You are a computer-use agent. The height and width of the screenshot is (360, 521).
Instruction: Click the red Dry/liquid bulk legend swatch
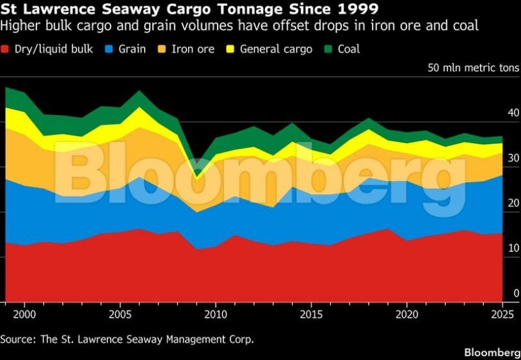(5, 49)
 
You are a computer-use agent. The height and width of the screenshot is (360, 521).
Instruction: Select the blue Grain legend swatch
(109, 49)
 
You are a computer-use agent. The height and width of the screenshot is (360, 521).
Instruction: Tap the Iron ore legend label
(193, 49)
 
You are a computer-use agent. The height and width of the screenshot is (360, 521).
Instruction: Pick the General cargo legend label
(276, 49)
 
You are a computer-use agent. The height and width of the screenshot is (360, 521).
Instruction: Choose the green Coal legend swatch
(328, 49)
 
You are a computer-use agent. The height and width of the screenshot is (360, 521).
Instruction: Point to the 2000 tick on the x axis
(24, 304)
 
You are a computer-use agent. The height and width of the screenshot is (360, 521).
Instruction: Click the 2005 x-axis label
(120, 314)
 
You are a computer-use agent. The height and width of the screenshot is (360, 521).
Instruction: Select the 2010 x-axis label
(216, 314)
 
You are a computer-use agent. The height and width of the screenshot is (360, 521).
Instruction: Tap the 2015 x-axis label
(311, 314)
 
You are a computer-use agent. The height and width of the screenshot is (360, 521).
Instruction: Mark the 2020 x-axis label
(406, 314)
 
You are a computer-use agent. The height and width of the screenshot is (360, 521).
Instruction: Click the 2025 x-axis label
(502, 314)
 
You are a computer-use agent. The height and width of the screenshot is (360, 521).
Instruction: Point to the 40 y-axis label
(513, 113)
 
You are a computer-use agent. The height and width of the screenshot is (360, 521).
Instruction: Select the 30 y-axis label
(513, 158)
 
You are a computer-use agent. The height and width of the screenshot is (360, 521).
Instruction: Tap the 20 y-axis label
(513, 203)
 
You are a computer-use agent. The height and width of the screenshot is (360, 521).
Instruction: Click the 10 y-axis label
(513, 248)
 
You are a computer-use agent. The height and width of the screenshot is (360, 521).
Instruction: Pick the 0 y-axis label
(516, 293)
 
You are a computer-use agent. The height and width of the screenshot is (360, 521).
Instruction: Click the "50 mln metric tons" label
(473, 68)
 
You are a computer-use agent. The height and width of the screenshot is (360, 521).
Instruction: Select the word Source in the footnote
(18, 339)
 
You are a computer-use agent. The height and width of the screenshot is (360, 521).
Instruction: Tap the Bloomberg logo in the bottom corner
(492, 352)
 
